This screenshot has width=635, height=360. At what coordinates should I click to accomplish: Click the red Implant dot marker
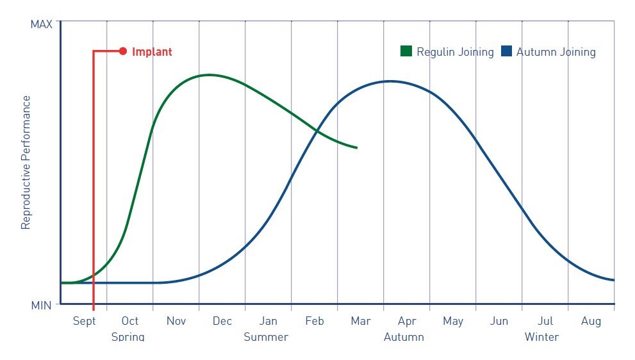click(123, 51)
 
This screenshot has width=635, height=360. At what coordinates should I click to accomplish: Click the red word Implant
click(152, 52)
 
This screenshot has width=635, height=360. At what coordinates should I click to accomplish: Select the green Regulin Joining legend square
click(406, 52)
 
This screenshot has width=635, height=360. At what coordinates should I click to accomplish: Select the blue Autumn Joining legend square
click(507, 52)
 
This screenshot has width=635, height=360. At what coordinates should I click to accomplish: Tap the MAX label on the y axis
click(41, 24)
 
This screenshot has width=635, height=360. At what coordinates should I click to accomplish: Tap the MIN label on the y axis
click(42, 306)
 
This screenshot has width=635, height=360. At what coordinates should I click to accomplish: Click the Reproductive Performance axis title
click(26, 162)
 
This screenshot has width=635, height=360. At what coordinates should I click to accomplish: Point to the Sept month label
click(84, 322)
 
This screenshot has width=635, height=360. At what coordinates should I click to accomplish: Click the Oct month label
click(130, 322)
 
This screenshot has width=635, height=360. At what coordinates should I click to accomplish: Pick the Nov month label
click(176, 322)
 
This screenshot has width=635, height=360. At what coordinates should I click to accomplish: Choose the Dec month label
click(222, 322)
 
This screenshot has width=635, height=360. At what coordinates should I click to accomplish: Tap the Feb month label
click(315, 322)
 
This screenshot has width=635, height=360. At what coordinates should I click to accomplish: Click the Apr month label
click(407, 322)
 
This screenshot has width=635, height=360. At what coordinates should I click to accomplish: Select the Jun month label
click(499, 322)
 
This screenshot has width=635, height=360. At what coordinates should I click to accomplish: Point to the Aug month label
click(591, 322)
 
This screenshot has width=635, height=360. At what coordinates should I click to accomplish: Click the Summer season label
click(266, 337)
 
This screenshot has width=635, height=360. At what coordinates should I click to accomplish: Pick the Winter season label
click(541, 337)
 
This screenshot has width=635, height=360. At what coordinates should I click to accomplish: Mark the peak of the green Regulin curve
click(208, 75)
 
